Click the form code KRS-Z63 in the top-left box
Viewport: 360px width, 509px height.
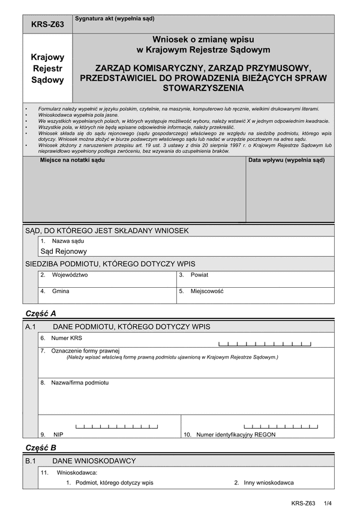[47, 25]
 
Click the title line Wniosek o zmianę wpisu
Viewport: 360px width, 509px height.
[203, 39]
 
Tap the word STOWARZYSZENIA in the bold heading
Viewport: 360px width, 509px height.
[203, 88]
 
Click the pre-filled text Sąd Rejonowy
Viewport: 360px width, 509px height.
[64, 252]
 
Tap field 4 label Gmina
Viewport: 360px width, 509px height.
[60, 291]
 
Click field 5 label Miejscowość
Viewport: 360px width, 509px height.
[207, 291]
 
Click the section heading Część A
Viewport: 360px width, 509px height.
[41, 313]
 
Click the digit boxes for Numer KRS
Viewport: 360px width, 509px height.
[265, 344]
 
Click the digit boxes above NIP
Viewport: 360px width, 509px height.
[116, 426]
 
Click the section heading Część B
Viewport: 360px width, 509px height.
[41, 447]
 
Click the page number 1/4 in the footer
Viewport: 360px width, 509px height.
[328, 503]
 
